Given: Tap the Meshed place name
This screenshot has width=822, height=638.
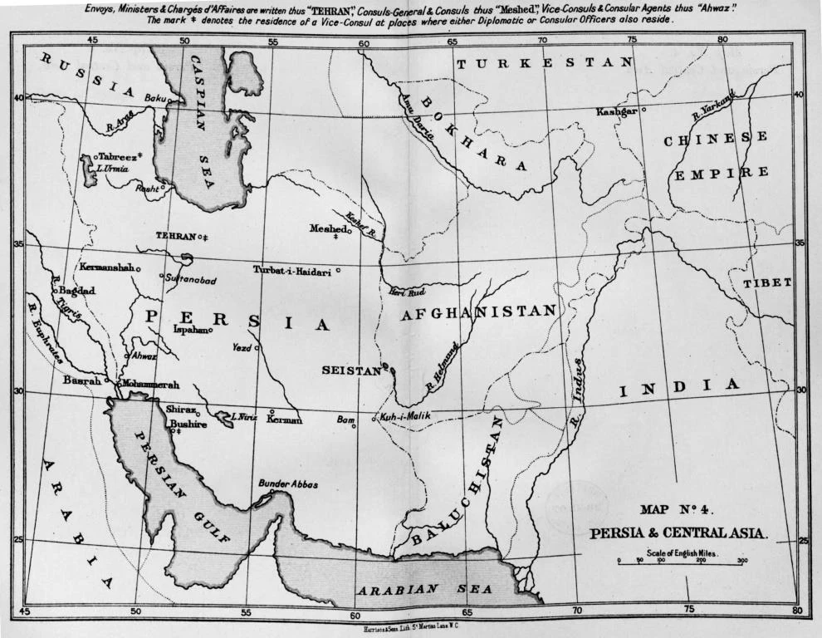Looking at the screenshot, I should (327, 228).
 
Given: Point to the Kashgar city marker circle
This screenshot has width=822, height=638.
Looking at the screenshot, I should (644, 108).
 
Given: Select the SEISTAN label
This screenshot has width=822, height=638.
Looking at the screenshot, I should (350, 370).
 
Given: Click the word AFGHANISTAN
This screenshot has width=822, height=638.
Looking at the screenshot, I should (477, 312).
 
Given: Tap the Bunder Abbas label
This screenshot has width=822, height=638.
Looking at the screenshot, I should (288, 484).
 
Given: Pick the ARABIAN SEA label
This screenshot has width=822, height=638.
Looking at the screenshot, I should (424, 589).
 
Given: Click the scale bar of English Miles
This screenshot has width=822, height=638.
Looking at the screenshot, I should (680, 563).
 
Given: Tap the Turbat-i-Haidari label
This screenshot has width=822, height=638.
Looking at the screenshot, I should (292, 271).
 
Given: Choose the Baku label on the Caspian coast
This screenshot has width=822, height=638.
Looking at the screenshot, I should (155, 98).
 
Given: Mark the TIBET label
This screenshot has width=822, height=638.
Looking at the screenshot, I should (767, 283).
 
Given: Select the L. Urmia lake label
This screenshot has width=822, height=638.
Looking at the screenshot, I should (113, 168).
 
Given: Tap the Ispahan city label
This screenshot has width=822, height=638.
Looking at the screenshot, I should (189, 329).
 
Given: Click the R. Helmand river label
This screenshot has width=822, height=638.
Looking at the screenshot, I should (443, 366).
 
